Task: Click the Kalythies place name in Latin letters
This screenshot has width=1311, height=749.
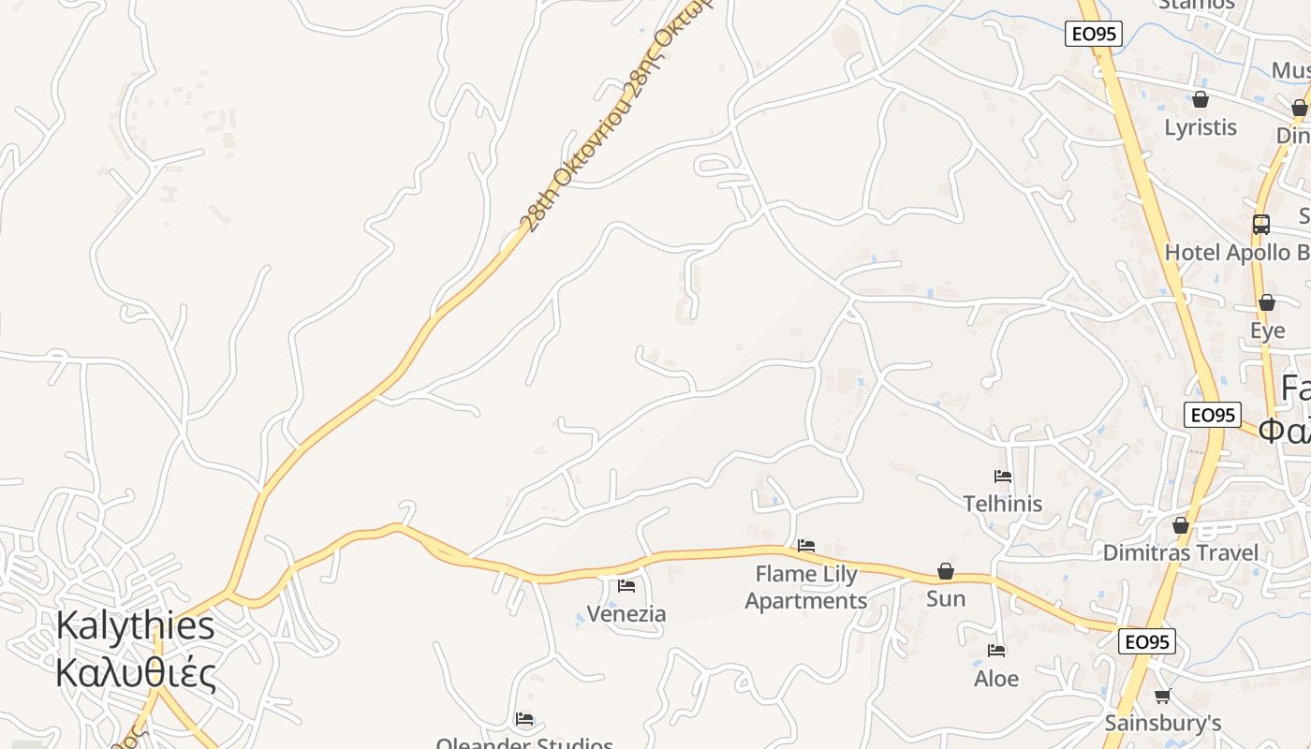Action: (135, 625)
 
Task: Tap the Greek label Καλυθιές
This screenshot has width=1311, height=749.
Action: (135, 672)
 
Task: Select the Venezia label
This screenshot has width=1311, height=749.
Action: (626, 614)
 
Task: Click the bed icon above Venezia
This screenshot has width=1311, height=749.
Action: (626, 586)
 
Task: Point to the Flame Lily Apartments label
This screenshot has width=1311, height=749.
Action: (806, 587)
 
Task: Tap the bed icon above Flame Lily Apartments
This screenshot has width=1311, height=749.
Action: (806, 545)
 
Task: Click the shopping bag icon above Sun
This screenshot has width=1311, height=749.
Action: (946, 571)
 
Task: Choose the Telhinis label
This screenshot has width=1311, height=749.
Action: (1003, 504)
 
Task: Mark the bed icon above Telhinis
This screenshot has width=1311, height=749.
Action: (1003, 476)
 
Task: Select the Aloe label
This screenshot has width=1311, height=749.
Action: (996, 678)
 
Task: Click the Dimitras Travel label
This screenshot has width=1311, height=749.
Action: (1180, 552)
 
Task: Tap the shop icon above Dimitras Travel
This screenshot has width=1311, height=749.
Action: (1181, 525)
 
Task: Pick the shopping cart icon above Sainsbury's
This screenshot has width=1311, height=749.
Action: (1163, 696)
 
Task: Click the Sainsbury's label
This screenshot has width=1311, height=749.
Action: (1163, 723)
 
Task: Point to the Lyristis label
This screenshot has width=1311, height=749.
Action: (1201, 127)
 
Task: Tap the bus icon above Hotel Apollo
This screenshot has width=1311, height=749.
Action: (1261, 225)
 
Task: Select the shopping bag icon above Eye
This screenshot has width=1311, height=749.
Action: (1267, 302)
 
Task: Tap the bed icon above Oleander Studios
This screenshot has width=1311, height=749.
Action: (524, 719)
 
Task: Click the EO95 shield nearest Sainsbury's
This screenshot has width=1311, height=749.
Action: (1147, 642)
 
